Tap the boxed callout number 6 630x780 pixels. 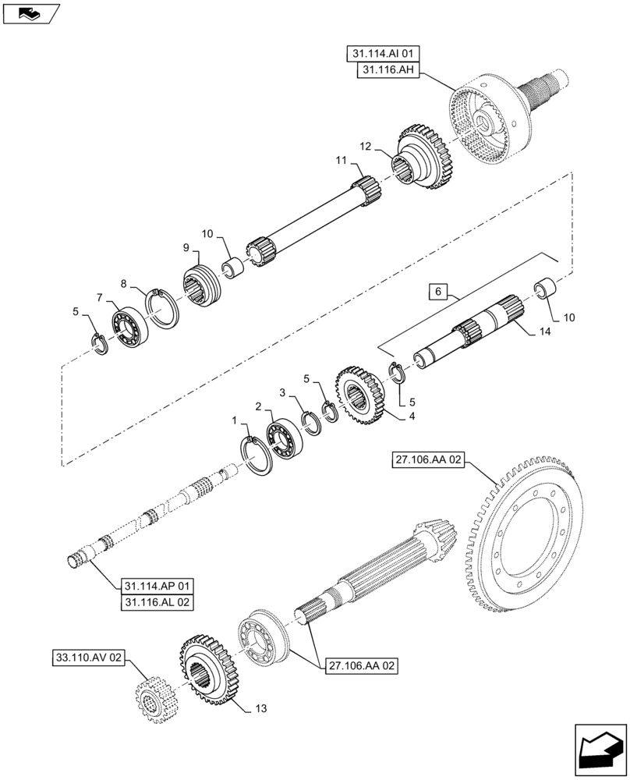[x=438, y=292]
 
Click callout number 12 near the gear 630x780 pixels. [x=366, y=146]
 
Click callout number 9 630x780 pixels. [x=186, y=247]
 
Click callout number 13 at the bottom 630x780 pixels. [x=261, y=708]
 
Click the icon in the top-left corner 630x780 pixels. [x=30, y=13]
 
